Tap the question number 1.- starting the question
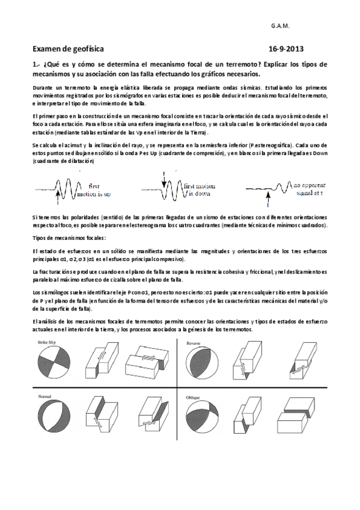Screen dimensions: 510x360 coord(36,64)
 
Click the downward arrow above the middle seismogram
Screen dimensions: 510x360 coord(163,174)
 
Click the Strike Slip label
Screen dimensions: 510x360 coord(46,342)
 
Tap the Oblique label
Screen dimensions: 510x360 coord(193,398)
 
